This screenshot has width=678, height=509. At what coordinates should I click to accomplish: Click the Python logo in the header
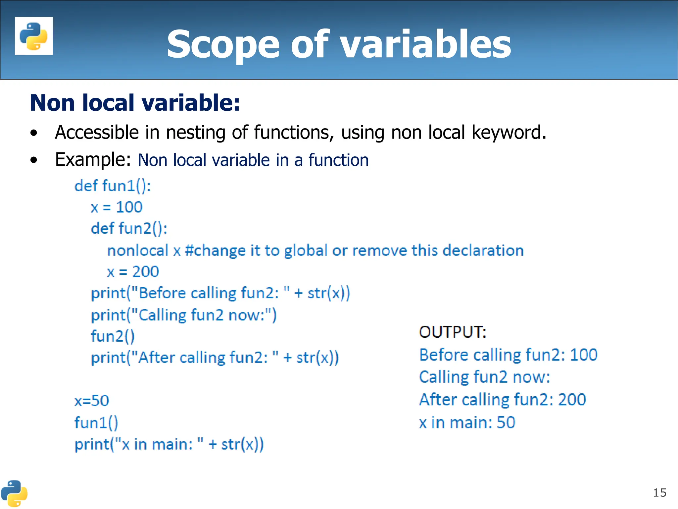click(x=34, y=36)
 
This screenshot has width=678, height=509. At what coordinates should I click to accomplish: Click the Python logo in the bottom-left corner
click(x=14, y=493)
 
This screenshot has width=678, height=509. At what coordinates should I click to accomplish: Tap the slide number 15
click(x=659, y=493)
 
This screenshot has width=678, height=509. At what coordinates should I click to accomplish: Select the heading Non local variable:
click(x=135, y=103)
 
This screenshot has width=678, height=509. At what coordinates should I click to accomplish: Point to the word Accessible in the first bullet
click(x=97, y=133)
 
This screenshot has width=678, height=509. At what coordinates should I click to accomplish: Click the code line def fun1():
click(x=113, y=186)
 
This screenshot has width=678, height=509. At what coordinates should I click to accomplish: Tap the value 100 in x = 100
click(x=129, y=207)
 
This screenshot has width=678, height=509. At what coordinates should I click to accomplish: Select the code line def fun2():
click(x=129, y=229)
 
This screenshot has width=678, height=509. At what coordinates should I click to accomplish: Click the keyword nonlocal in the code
click(x=138, y=251)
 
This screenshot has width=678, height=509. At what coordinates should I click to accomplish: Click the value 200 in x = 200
click(x=146, y=272)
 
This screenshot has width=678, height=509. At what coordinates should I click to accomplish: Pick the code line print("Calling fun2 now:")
click(x=184, y=315)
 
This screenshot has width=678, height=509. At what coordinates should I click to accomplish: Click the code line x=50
click(x=92, y=401)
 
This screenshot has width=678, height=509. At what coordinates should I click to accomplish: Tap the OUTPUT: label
click(x=453, y=332)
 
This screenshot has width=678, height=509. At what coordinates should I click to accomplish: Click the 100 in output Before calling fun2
click(x=584, y=355)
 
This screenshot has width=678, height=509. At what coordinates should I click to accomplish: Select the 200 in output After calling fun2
click(x=572, y=400)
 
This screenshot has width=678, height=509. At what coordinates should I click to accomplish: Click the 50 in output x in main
click(x=506, y=423)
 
